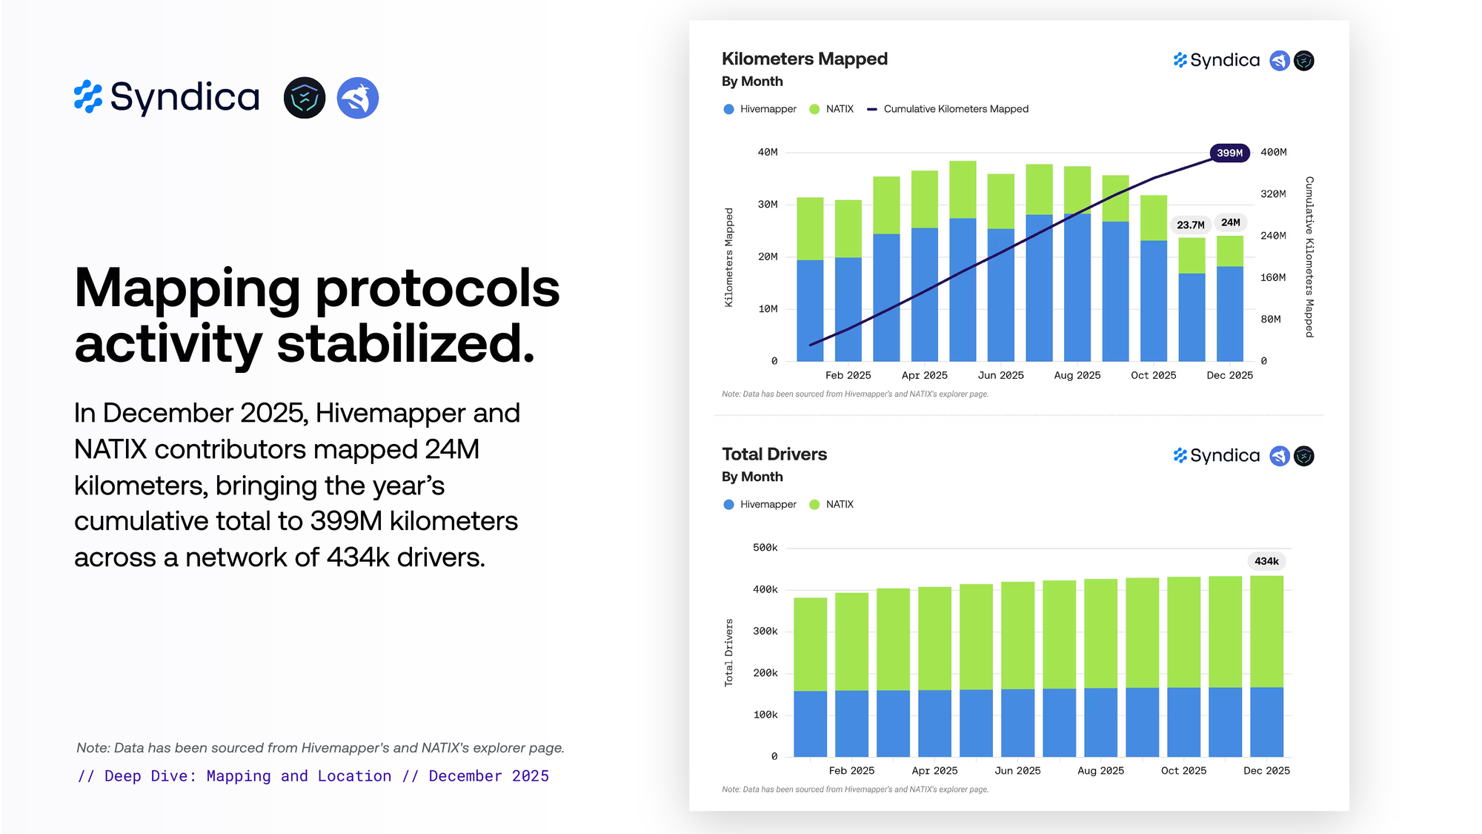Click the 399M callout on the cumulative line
pos(1229,153)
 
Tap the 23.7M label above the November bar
pos(1190,225)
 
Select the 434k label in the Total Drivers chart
pos(1266,561)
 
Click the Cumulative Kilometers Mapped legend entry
pos(955,109)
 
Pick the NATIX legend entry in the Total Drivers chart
pos(839,504)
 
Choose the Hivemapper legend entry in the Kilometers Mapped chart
pos(768,109)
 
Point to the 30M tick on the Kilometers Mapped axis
pos(768,205)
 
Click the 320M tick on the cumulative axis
pos(1273,194)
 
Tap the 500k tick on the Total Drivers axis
pos(765,548)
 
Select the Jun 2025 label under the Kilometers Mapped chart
pos(1000,375)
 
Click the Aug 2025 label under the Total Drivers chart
pos(1100,771)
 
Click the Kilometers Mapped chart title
pos(804,59)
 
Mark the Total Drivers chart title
pos(774,454)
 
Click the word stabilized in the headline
pos(405,345)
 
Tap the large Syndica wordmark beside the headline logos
pos(185,97)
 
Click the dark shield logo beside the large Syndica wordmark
pos(305,98)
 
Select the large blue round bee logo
pos(358,98)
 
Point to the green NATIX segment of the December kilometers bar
pos(1230,251)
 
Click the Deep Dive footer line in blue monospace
pos(313,776)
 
